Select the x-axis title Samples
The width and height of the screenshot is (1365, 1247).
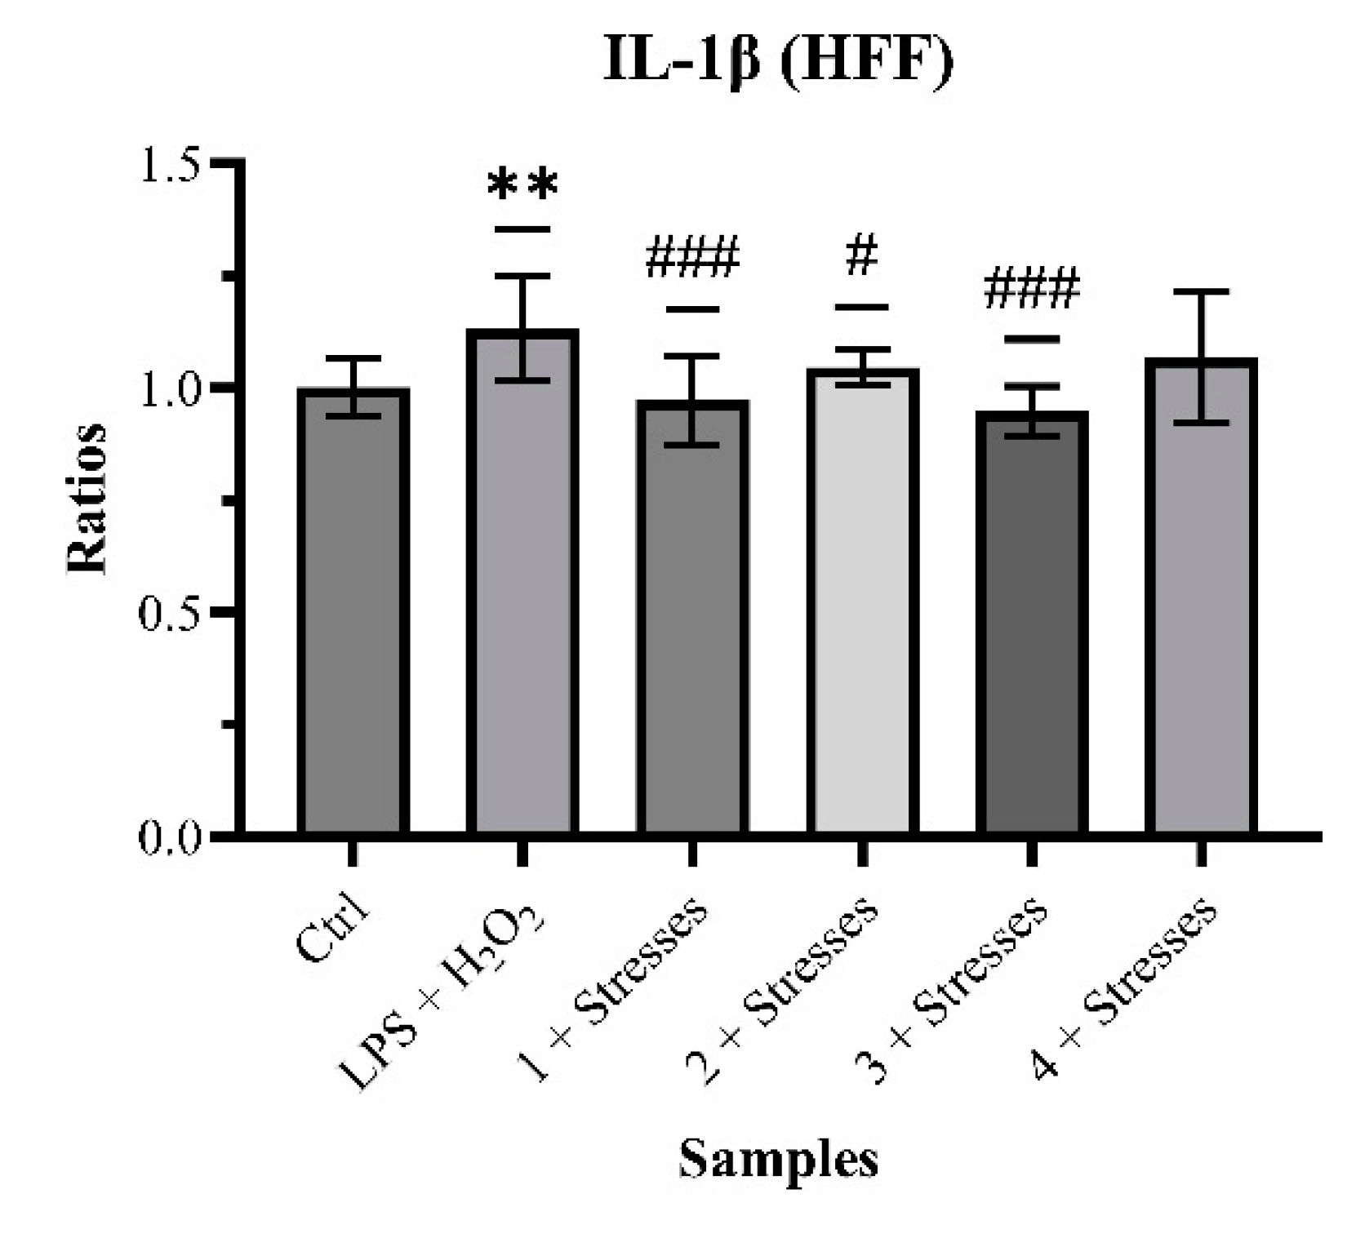[778, 1158]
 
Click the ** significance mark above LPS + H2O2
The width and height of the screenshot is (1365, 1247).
[522, 185]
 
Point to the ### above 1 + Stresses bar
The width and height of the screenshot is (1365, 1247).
[692, 259]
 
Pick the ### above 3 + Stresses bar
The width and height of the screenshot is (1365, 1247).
[1032, 289]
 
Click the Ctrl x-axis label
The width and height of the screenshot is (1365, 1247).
[333, 931]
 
